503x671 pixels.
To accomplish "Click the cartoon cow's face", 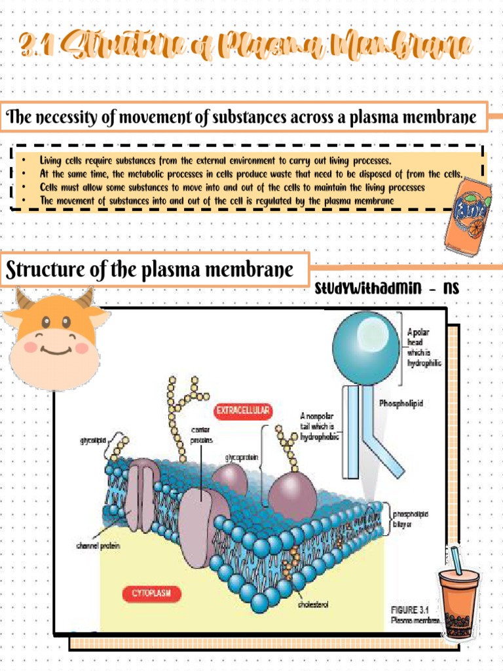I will click(55, 337).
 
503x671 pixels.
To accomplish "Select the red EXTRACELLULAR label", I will click(243, 411).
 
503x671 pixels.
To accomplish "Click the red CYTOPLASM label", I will click(151, 594).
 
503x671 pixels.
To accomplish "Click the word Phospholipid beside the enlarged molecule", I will click(401, 404).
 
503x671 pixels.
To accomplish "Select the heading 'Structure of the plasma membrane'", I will click(149, 269).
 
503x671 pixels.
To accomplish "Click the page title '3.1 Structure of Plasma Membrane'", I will click(245, 47).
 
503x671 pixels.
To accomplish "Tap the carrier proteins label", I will click(201, 434).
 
